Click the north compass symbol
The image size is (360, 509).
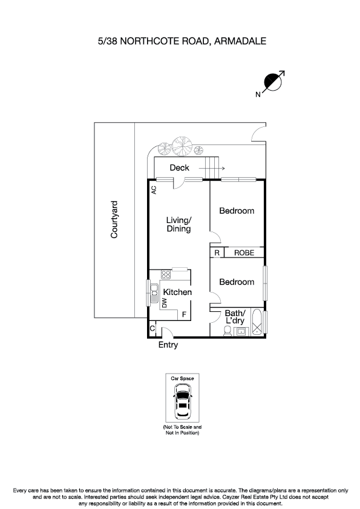[x=273, y=83]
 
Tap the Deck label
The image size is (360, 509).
[x=179, y=168]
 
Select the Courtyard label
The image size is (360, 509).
[x=114, y=219]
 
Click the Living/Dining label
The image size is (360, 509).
[x=179, y=224]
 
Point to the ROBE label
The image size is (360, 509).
[x=244, y=253]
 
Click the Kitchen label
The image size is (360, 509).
[x=177, y=293]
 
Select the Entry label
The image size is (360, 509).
[x=168, y=345]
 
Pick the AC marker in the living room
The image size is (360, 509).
[x=154, y=189]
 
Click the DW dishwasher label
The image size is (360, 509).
[x=164, y=302]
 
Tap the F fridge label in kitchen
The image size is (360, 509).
[x=184, y=315]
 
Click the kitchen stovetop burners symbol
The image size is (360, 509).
[x=165, y=274]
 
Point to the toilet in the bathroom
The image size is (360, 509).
[x=226, y=331]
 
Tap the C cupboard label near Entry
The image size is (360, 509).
[x=152, y=329]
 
